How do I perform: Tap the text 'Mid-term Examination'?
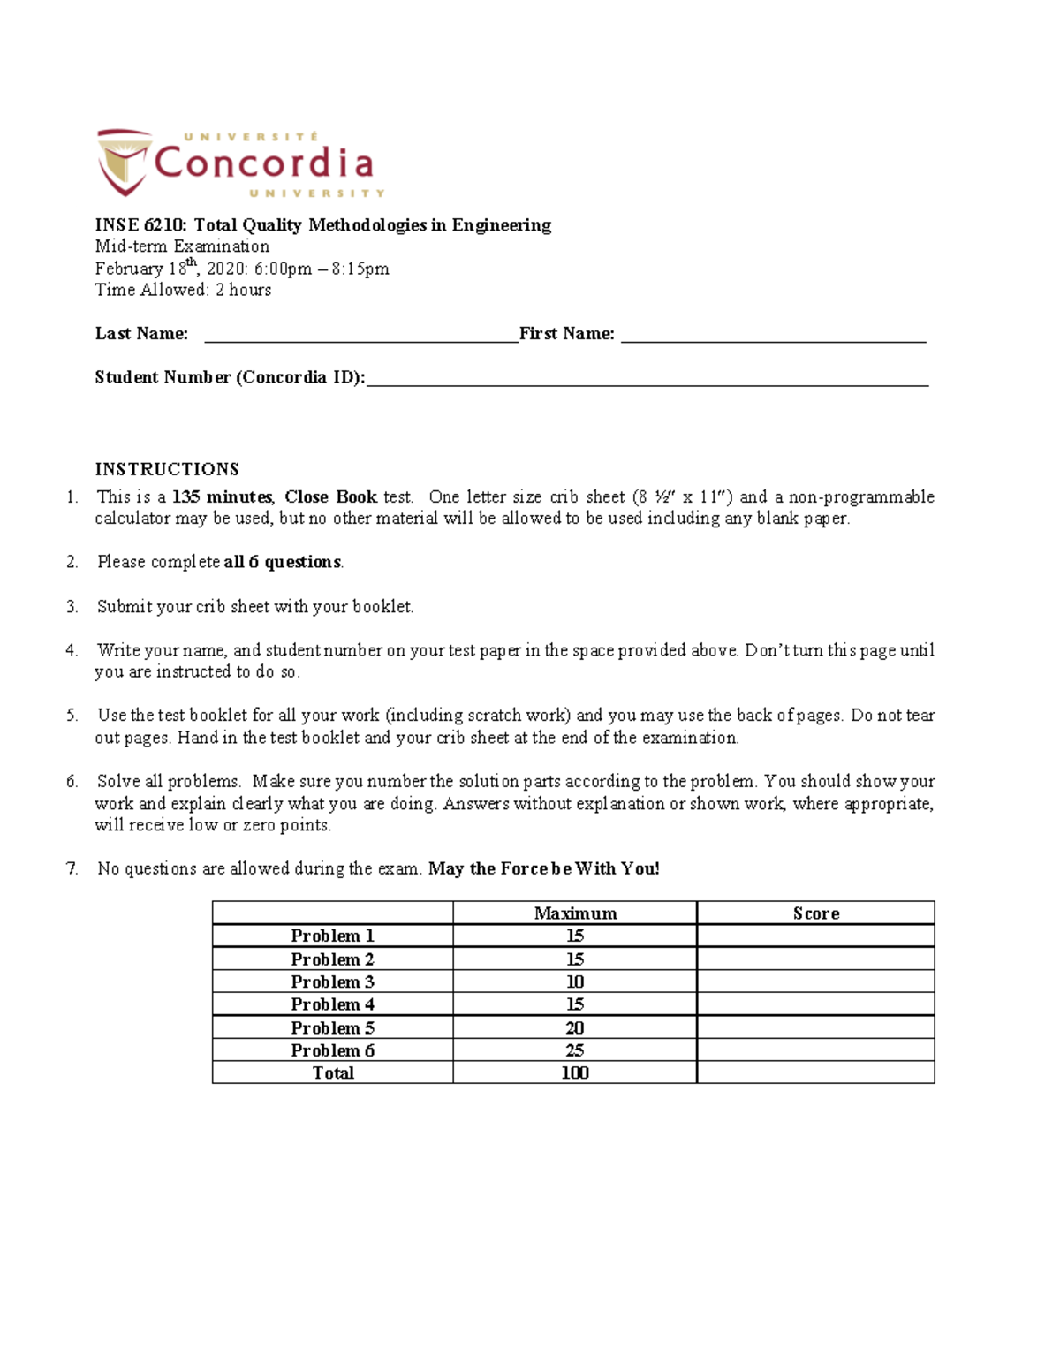tap(182, 246)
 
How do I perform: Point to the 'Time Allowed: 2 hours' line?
tap(183, 290)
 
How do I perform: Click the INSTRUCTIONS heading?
tap(167, 469)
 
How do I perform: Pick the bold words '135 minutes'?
tap(223, 497)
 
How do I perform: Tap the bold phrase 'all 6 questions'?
tap(283, 562)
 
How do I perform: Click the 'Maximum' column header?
tap(575, 913)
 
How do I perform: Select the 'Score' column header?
tap(815, 913)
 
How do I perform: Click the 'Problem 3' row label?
tap(332, 982)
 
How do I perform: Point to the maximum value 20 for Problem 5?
tap(575, 1027)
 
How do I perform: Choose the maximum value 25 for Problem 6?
tap(575, 1050)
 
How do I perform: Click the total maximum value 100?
tap(575, 1073)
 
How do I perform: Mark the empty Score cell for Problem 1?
tap(815, 936)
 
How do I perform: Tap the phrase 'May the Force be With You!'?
tap(543, 869)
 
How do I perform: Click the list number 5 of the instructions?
tap(72, 716)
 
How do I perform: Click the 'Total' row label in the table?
tap(332, 1073)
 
